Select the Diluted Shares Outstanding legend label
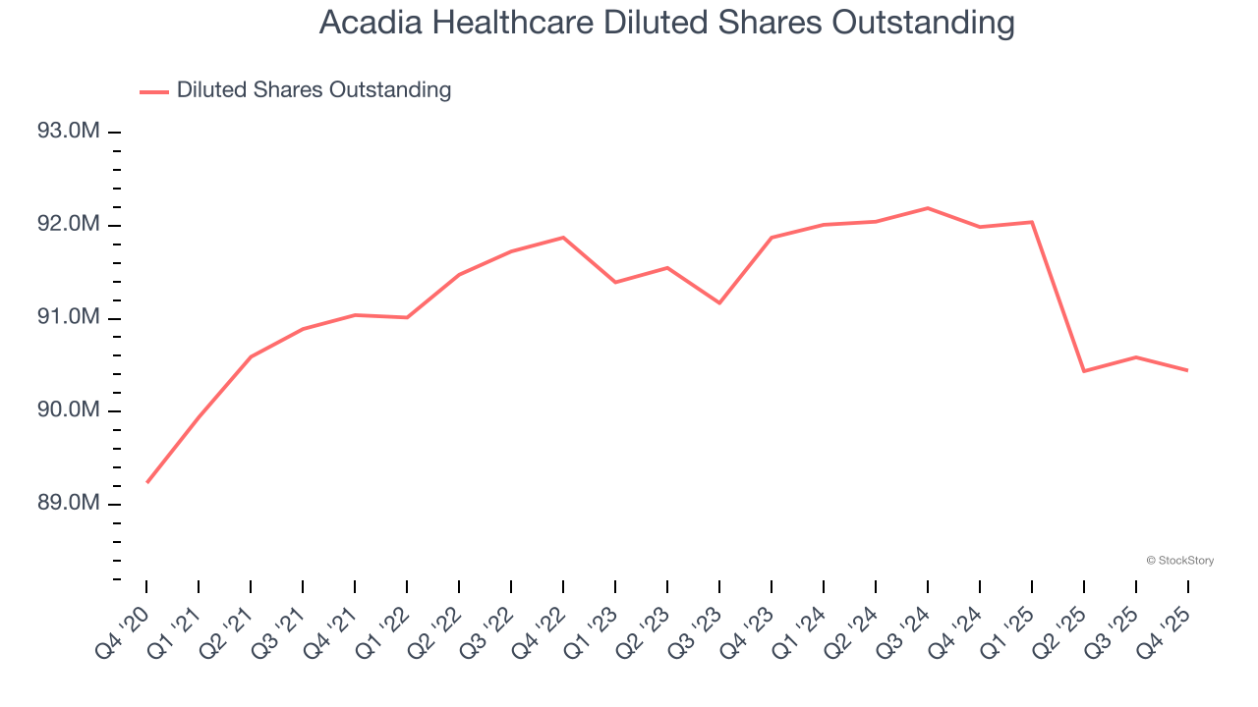point(314,90)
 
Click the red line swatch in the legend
point(154,91)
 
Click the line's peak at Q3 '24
point(928,208)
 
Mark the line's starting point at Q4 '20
point(147,482)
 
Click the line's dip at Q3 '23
point(719,302)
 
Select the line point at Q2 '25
point(1084,371)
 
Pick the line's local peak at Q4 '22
point(563,238)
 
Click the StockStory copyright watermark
point(1179,561)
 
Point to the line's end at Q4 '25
point(1188,370)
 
